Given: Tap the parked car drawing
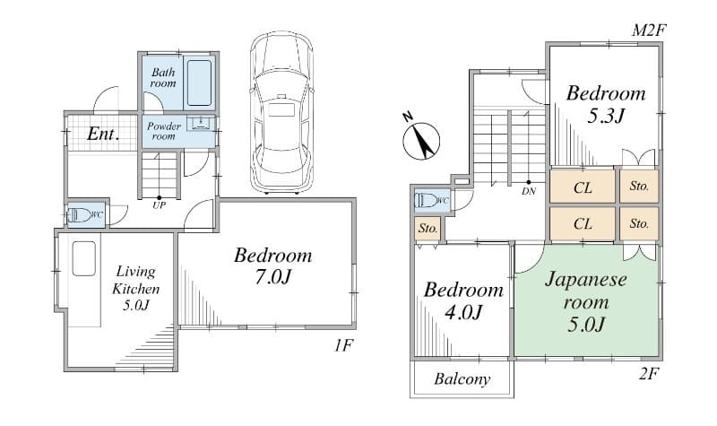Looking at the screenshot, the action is pos(281,112).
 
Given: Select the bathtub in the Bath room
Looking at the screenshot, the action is pos(200,83).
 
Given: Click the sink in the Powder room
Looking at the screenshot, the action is pos(201,123).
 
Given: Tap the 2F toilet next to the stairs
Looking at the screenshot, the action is pos(428,200).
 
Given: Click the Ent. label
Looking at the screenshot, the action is pos(103,134).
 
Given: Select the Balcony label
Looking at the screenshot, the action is pos(462,378).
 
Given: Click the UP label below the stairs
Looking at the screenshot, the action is pos(160,205).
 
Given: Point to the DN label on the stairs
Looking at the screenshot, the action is pos(529,191).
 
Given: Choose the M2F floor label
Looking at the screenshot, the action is pos(649,30).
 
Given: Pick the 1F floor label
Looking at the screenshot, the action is pos(343,345).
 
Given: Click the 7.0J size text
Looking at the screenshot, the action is pos(273,277).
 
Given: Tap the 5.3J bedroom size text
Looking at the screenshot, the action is pos(606,116).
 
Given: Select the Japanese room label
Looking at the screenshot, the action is pos(586,291).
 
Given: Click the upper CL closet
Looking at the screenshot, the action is pos(582,187).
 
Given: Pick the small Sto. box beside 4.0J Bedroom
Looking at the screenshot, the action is pos(428,228).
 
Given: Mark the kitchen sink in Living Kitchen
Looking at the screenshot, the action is pos(84,258).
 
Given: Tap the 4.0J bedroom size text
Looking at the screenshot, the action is pos(463,312).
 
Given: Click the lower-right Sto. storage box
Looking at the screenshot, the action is pos(639,223).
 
